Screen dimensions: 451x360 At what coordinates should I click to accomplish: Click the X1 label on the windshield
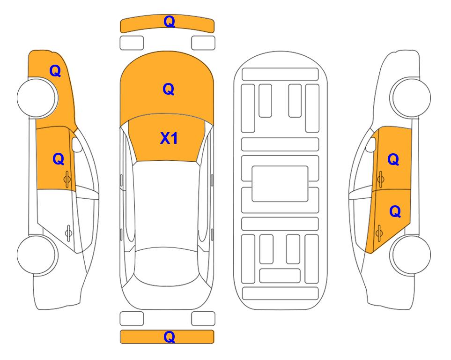point(169,138)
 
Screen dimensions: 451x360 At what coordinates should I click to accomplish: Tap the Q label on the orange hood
point(169,89)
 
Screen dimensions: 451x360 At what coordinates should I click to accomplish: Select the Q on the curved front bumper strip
point(169,22)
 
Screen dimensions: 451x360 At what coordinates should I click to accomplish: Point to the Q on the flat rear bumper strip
point(169,337)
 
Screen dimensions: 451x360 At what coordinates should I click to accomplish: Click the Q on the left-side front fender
point(55,71)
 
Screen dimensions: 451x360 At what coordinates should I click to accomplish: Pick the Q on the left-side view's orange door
point(59,159)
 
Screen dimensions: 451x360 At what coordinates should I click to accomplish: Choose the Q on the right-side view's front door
point(393,159)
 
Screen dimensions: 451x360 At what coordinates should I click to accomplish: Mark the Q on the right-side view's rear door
point(395,212)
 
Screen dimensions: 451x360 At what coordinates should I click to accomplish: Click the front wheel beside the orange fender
point(37,98)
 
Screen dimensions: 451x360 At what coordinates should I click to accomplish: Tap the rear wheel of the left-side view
point(37,255)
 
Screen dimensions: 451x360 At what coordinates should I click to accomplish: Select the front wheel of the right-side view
point(411,98)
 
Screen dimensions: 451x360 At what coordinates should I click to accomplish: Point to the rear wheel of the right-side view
point(411,255)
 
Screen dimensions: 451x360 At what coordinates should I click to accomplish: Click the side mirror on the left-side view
point(77,144)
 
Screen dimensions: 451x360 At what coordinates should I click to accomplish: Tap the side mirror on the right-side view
point(371,144)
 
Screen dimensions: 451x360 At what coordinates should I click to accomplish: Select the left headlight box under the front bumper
point(132,43)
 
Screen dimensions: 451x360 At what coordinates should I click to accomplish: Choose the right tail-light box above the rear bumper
point(203,319)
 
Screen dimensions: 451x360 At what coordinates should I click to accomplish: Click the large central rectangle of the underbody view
point(280,184)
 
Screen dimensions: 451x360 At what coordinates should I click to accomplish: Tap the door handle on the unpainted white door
point(68,232)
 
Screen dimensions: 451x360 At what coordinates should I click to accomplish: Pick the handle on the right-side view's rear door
point(379,232)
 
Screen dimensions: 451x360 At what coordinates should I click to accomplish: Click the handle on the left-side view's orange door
point(67,179)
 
